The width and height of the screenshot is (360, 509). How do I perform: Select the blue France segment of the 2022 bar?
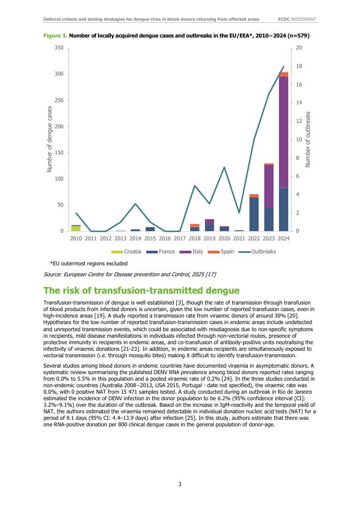tap(254, 214)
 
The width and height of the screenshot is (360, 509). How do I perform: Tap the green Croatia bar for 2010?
tap(76, 228)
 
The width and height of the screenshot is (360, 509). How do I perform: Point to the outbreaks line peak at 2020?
tap(224, 167)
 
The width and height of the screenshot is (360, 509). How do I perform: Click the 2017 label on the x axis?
tap(179, 238)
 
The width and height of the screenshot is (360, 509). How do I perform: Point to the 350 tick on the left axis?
tap(59, 48)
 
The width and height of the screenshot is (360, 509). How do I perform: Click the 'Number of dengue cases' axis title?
tap(49, 139)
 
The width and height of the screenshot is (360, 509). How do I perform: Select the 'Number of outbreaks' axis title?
tap(308, 139)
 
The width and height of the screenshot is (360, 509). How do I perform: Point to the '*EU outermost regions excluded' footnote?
tap(84, 263)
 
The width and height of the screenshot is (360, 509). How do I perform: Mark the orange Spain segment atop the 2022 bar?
tap(254, 196)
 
